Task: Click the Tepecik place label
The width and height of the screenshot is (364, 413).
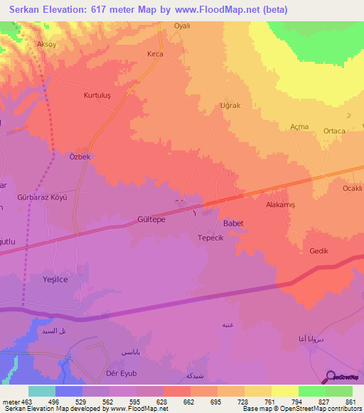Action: pyautogui.click(x=210, y=238)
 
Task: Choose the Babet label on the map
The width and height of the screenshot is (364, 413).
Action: pyautogui.click(x=233, y=224)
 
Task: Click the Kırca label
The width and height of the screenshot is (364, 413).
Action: pyautogui.click(x=155, y=54)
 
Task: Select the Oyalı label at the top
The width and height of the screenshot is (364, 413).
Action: pyautogui.click(x=184, y=26)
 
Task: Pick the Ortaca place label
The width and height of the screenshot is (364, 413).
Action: pyautogui.click(x=334, y=131)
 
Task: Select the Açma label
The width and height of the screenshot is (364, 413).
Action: pyautogui.click(x=299, y=126)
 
